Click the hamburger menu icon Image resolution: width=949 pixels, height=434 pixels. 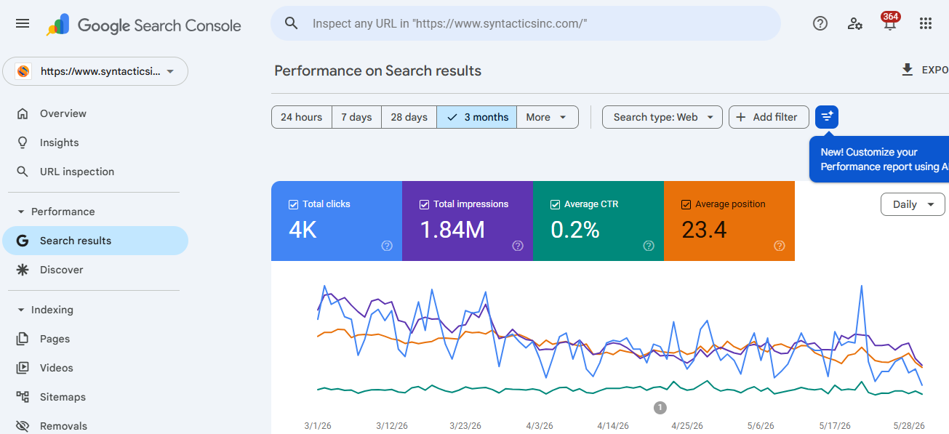pos(23,24)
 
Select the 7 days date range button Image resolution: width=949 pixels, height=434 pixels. pos(356,117)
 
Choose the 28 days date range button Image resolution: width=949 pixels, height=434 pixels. pos(409,117)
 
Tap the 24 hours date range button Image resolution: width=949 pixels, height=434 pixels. pos(301,117)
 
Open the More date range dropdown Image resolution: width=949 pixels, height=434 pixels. pos(548,117)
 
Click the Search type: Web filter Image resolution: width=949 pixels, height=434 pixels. pos(662,117)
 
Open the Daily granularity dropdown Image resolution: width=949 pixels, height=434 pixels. pos(913,204)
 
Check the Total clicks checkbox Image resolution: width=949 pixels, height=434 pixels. pos(293,204)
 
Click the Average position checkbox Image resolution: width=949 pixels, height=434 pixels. pos(686,204)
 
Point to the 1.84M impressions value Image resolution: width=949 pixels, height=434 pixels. pos(452,230)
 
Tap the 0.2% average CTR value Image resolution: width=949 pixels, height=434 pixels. pos(575,230)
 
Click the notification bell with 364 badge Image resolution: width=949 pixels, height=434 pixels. pos(890,23)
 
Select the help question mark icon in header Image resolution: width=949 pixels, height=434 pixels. pos(820,23)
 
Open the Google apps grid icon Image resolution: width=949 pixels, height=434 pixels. pos(926,23)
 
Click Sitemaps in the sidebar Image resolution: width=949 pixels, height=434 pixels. pos(63,397)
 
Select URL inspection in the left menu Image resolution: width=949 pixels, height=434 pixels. pos(77,172)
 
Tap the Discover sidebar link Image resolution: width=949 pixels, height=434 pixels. pos(61,270)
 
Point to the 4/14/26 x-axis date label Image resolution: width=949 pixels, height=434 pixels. pos(612,425)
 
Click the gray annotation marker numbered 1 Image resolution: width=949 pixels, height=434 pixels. pos(660,408)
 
